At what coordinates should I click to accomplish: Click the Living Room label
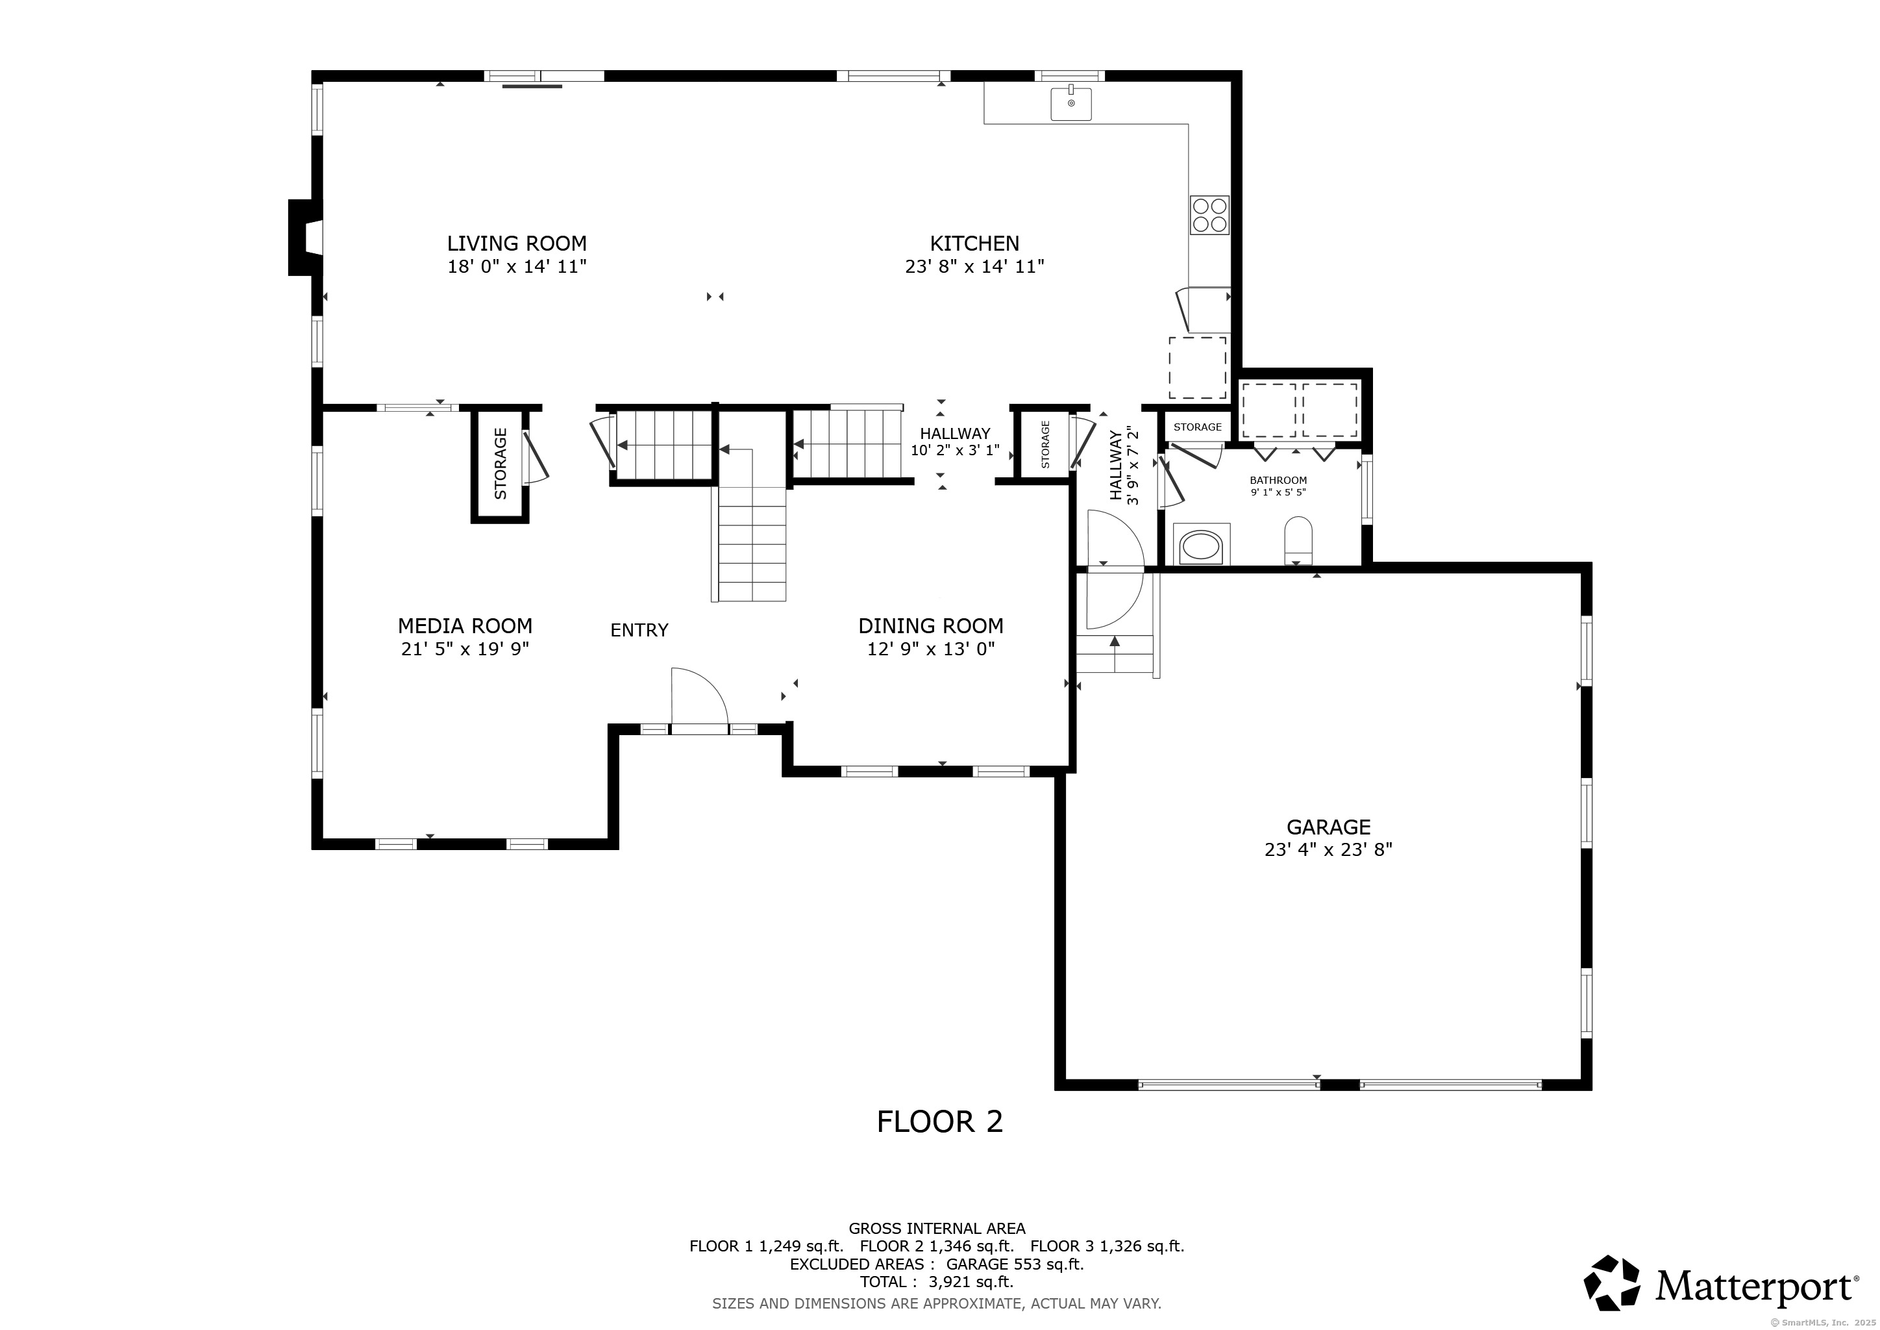click(517, 244)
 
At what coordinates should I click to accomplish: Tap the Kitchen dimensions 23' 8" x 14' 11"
click(974, 266)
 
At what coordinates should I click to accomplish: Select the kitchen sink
click(1071, 103)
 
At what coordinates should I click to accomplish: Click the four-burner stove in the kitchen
click(1209, 214)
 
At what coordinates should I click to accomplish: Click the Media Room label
click(465, 625)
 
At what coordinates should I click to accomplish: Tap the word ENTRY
click(639, 630)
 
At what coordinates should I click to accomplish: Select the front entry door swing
click(699, 696)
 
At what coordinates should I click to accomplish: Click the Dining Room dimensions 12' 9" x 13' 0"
click(931, 649)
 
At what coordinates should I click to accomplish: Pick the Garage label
click(1328, 827)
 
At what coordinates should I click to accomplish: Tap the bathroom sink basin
click(1201, 546)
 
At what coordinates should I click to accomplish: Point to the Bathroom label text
click(1278, 480)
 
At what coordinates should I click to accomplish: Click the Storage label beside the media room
click(501, 464)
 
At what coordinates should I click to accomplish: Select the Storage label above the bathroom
click(1197, 427)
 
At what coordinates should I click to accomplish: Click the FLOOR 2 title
click(939, 1121)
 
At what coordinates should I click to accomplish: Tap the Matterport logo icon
click(1611, 1282)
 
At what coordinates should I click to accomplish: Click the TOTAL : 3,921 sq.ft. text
click(937, 1282)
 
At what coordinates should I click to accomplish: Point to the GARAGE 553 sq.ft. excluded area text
click(1015, 1264)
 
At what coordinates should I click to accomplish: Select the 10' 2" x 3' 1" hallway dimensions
click(955, 449)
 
